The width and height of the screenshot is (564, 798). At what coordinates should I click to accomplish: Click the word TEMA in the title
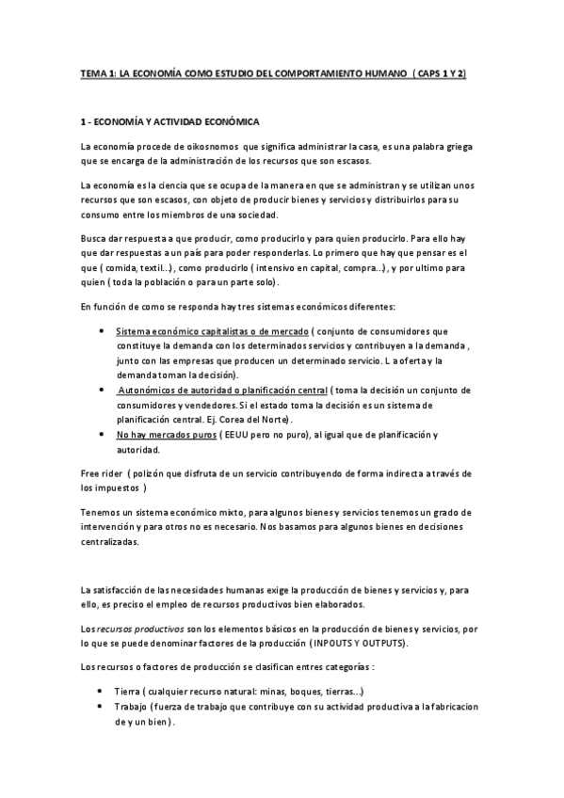[92, 72]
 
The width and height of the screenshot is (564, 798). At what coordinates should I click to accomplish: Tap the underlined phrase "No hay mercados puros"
[165, 434]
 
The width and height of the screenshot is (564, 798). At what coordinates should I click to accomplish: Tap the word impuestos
[118, 488]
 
